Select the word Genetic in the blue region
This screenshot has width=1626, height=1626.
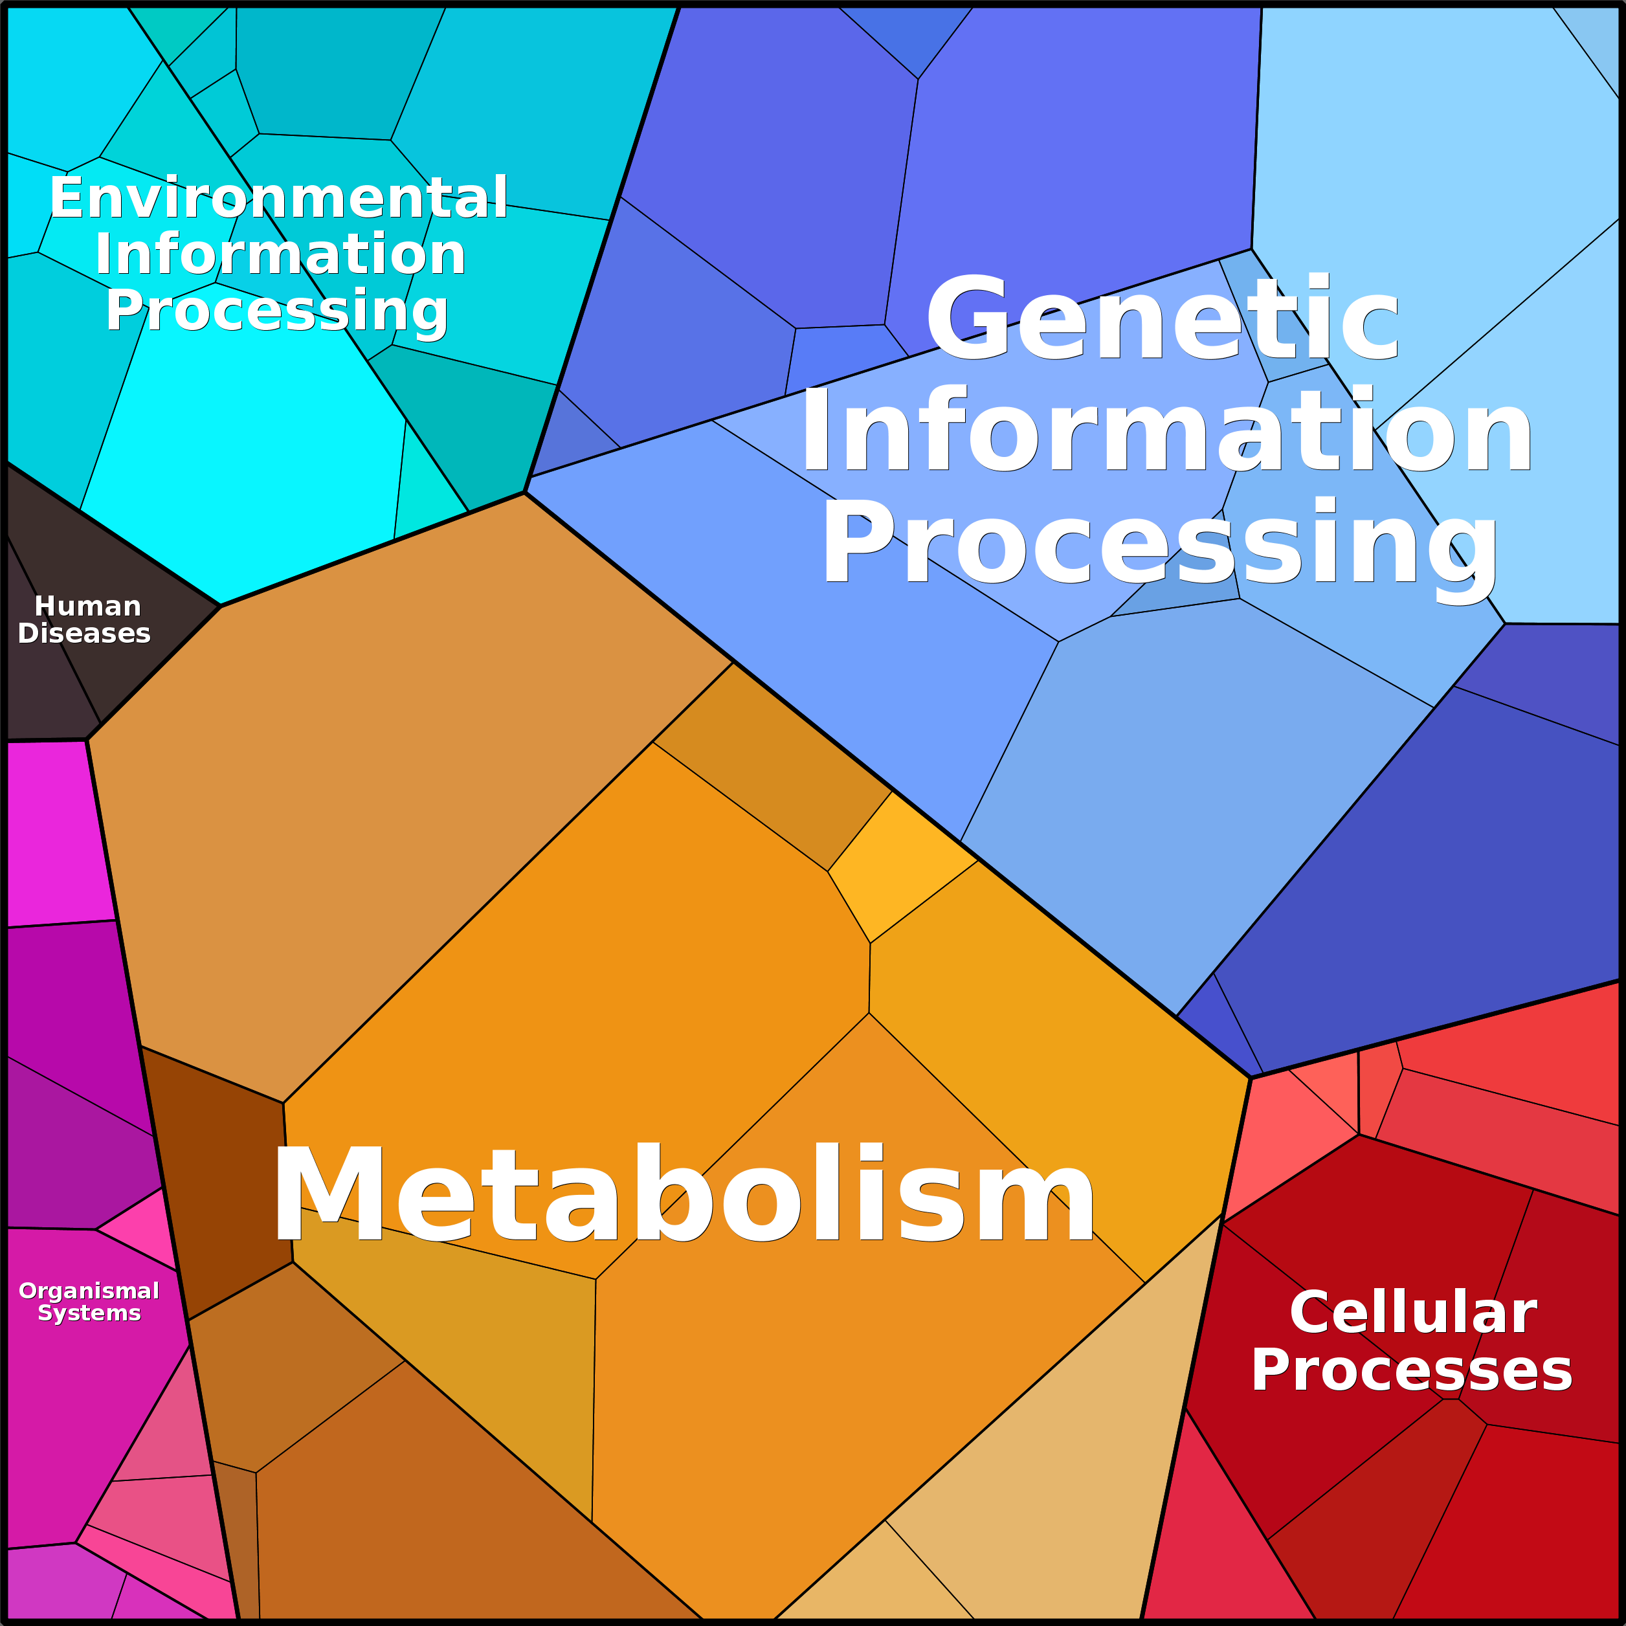1163,319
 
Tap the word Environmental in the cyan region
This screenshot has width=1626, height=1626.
278,198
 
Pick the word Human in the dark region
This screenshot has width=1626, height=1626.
87,606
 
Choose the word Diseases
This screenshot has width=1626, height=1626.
84,633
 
